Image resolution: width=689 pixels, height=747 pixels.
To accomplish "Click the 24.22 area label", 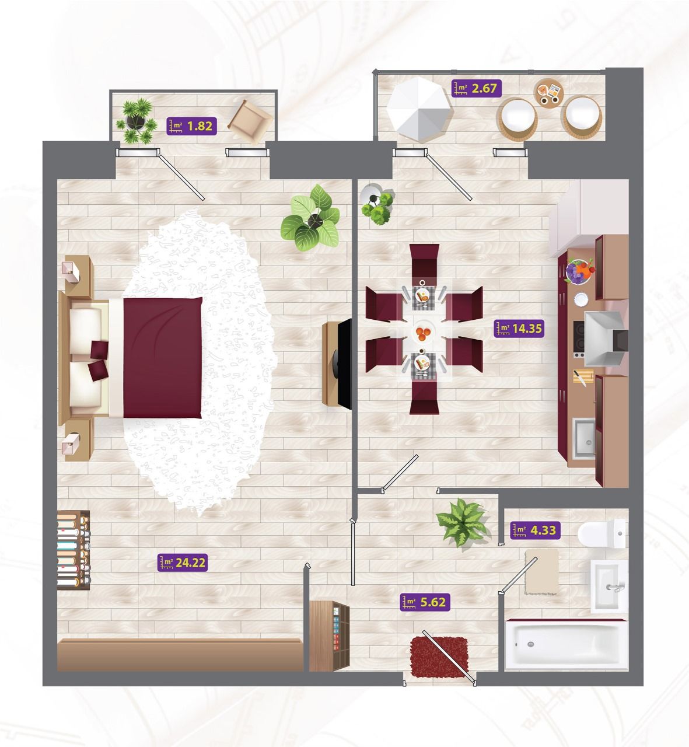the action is coord(183,563).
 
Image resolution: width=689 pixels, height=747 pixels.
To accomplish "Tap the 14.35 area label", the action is coord(519,329).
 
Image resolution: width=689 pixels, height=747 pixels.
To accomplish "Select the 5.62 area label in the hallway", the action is coord(425,602).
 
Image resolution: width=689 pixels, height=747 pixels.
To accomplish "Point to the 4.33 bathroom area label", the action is coord(536,530).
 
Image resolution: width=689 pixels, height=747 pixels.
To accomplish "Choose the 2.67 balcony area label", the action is coord(477,88).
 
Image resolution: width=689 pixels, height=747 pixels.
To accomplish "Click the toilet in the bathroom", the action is coord(601,533).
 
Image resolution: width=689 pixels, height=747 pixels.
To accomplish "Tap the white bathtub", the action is coord(565,645).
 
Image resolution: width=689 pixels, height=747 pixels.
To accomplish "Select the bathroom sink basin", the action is coord(609,587).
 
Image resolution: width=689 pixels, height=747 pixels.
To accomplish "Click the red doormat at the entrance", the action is coord(439,657).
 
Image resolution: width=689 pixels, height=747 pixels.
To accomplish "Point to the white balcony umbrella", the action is coord(419,109).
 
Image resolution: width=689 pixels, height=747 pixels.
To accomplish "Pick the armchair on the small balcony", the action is coord(250,121).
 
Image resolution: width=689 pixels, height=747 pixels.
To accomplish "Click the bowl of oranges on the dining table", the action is coord(424,333).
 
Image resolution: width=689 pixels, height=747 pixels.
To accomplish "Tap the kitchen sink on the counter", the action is coord(583,438).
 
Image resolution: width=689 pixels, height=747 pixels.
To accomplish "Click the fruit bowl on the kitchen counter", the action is coord(580,271).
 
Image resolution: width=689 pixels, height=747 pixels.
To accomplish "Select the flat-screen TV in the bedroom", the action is coord(344,364).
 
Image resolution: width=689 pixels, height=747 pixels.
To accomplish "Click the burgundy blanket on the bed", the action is coord(162,358).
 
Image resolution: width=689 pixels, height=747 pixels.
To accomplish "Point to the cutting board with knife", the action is coord(583,377).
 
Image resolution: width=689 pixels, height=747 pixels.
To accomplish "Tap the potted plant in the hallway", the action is coord(463,522).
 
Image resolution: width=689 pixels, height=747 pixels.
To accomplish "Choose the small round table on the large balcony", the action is coord(548,93).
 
